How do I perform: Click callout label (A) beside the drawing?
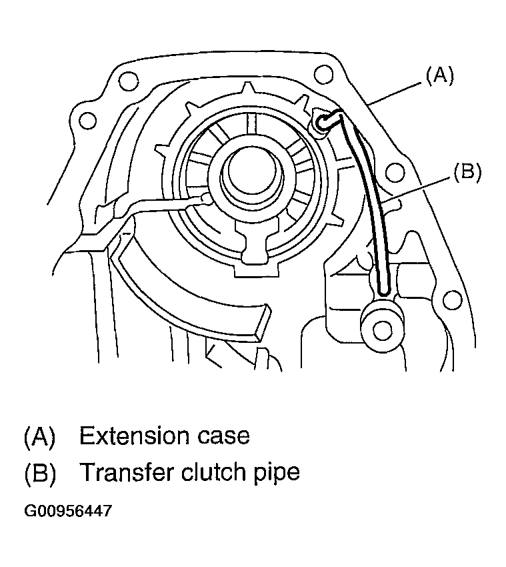coord(439,76)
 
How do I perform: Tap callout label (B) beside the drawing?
coord(467,172)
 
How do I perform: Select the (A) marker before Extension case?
coord(39,436)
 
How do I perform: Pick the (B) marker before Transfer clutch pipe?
coord(39,472)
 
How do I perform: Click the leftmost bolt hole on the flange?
coord(85,121)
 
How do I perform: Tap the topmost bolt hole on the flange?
coord(325,72)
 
